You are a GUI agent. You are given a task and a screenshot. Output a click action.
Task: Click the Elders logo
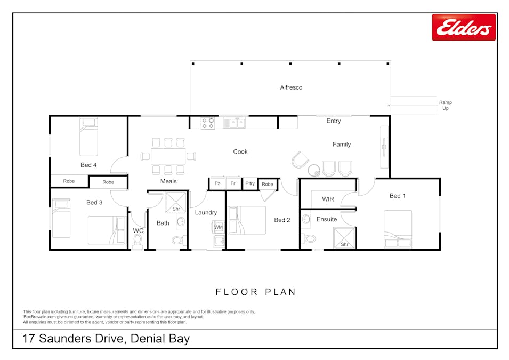pos(464,27)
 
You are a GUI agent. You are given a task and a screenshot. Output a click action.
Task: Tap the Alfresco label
pos(291,87)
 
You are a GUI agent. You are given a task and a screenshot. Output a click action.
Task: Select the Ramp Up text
pos(446,105)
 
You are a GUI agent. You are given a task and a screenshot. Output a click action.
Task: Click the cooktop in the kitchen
pos(208,123)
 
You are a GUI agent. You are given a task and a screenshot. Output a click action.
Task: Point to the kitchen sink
pos(234,123)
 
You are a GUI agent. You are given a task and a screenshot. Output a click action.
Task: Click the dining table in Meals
pos(168,156)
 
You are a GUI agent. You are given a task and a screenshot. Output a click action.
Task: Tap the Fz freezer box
pos(217,183)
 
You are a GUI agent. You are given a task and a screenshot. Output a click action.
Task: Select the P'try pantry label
pos(250,183)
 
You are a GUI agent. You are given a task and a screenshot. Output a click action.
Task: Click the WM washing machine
pos(219,227)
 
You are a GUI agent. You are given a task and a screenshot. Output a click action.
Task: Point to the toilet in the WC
pos(138,242)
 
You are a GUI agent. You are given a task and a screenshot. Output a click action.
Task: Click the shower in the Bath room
pos(176,203)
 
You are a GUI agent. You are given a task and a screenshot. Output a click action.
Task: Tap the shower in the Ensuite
pos(344,238)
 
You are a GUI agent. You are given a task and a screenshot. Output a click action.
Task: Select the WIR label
pos(328,199)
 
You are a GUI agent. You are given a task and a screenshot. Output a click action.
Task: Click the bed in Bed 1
pos(398,229)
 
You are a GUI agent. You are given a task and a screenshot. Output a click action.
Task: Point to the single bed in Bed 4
pos(88,137)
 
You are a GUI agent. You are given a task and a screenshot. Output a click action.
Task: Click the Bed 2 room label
pos(282,220)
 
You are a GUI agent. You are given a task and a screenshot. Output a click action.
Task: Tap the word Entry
pos(334,121)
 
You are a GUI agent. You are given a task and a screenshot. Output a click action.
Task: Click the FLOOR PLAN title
pos(256,292)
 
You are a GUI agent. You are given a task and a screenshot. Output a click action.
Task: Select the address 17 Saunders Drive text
pos(73,339)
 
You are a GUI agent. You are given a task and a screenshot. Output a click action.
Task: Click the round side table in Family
pos(314,170)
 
